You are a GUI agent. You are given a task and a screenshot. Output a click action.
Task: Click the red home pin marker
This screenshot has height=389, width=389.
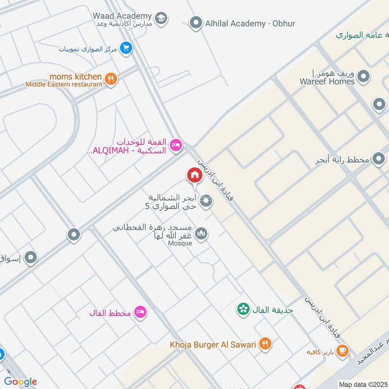point(194,175)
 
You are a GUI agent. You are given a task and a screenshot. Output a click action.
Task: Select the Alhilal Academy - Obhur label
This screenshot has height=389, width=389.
point(250,23)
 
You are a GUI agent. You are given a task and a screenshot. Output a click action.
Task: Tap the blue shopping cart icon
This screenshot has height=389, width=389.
point(126,48)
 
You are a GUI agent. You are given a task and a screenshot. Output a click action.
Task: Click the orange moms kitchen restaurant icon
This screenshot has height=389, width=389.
point(111,79)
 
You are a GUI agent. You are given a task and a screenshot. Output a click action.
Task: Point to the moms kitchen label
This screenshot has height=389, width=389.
point(75,77)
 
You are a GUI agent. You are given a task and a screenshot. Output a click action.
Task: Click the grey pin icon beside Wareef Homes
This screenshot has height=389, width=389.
point(363,76)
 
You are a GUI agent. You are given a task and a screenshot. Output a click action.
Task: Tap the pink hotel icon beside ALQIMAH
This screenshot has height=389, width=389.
point(176,144)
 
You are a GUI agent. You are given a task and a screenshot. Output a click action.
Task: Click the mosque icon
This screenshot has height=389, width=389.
point(202,234)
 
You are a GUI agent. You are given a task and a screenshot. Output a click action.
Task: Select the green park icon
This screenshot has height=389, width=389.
point(243,308)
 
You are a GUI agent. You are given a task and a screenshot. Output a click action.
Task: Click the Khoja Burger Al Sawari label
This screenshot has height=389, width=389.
point(213,345)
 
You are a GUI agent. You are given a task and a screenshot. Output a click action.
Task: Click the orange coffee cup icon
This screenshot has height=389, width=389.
point(342,350)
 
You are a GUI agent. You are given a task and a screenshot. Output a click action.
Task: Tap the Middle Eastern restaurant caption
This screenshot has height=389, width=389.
point(64,84)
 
